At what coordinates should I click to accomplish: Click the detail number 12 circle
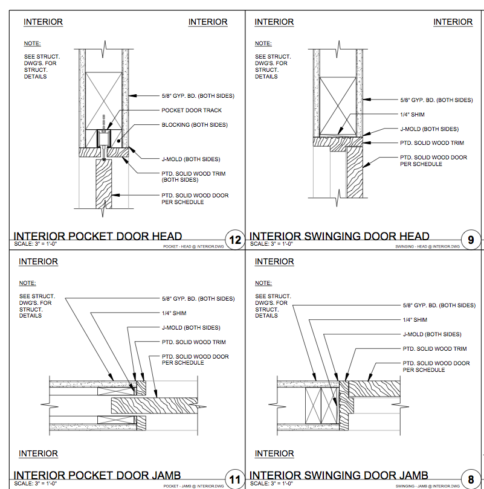pos(235,240)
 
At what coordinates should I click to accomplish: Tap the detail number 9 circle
pos(471,240)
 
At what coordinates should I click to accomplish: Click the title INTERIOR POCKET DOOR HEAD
pos(98,236)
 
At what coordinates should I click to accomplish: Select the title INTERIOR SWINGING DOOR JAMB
pos(339,476)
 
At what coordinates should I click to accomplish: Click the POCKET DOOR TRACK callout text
pos(192,110)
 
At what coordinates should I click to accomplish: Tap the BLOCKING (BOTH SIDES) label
pos(195,125)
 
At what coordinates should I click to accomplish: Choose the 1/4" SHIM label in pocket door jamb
pos(174,313)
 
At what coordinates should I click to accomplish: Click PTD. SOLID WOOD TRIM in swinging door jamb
pos(434,348)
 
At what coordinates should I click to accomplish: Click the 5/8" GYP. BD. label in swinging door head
pos(436,100)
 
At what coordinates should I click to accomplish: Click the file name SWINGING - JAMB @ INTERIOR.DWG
pos(427,486)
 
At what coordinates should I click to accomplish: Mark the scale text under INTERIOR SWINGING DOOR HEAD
pos(271,244)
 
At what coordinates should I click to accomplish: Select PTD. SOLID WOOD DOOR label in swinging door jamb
pos(436,366)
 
